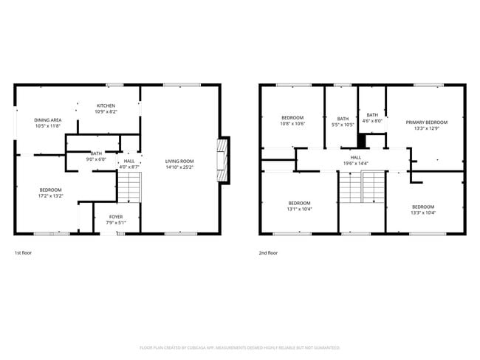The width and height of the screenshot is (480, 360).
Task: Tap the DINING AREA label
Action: (47, 123)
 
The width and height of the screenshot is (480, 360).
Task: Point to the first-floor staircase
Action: (129, 187)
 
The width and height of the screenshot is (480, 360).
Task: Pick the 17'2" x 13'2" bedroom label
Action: (51, 193)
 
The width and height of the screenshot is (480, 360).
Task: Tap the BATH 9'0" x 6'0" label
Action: (97, 156)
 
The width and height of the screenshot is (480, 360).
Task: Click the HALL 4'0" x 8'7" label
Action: (129, 164)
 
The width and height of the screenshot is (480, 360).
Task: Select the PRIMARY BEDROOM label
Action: (426, 125)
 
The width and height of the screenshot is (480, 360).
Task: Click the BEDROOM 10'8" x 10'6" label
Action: (293, 121)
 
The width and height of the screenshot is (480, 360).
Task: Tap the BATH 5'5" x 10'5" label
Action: (343, 122)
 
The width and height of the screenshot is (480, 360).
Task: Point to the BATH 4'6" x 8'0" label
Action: (372, 118)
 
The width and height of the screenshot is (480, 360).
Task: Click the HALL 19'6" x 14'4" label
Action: (356, 160)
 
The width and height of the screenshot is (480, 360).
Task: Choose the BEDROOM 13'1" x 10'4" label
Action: (299, 206)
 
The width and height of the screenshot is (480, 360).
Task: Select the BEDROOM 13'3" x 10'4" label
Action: (423, 210)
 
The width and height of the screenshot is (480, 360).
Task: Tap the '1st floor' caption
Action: (24, 252)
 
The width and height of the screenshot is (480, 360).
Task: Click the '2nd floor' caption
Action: (269, 252)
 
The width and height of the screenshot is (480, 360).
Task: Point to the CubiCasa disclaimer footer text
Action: (240, 347)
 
